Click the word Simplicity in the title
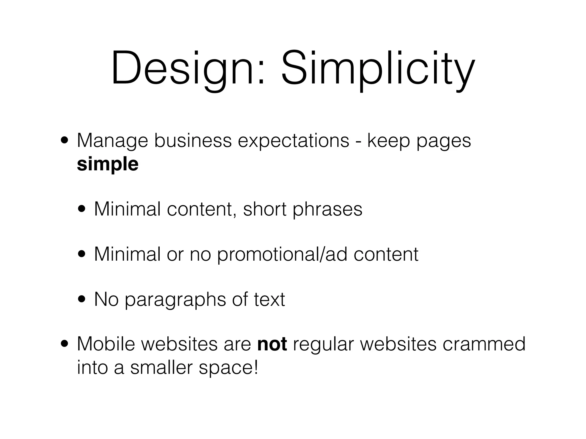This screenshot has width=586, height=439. click(378, 69)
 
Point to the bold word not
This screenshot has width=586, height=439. click(272, 344)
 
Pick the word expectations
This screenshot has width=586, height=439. click(293, 141)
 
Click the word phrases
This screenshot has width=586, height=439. click(327, 209)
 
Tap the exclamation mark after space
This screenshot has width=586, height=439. click(255, 367)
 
